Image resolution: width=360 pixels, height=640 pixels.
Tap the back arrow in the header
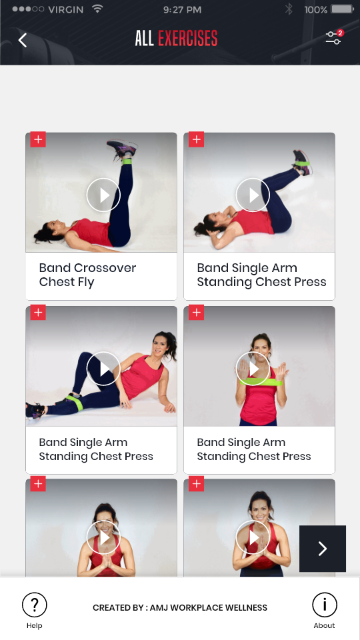(23, 40)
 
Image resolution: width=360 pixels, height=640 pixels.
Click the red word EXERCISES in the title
(187, 39)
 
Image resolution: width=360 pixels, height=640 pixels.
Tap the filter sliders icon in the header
(333, 39)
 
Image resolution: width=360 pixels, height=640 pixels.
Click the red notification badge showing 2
(340, 33)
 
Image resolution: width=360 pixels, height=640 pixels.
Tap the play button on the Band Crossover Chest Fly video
(103, 195)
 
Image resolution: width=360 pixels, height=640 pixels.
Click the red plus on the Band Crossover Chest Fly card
(38, 139)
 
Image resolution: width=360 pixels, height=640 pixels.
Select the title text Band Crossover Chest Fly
(87, 275)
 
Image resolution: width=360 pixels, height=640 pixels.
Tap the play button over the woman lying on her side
(103, 369)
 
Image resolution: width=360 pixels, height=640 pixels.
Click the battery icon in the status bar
(342, 9)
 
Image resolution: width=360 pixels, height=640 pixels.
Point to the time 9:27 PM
(182, 10)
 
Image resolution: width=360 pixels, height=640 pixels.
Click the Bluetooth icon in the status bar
(289, 9)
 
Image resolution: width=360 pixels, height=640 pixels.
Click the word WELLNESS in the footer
(246, 607)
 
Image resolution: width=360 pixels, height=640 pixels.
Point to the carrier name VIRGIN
(67, 10)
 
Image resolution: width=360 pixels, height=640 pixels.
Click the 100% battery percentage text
(315, 10)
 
